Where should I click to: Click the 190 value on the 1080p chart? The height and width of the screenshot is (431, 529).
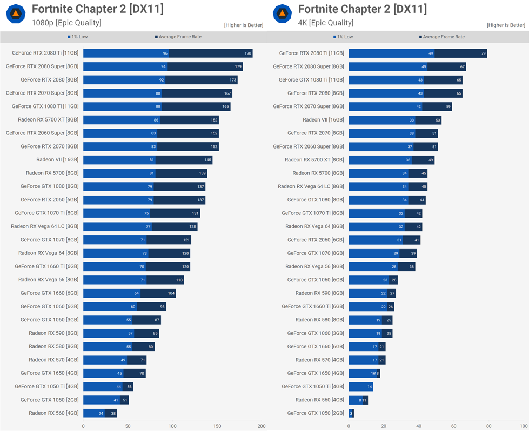coord(247,53)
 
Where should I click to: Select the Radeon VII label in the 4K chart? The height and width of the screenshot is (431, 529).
coord(323,120)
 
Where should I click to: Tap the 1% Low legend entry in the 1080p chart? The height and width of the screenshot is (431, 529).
coord(78,37)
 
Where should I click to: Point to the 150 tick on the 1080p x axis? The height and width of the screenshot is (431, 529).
coord(217,426)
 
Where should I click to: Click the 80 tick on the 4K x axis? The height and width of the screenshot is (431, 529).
coord(488,426)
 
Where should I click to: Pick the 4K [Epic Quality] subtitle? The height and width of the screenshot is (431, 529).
coord(326,23)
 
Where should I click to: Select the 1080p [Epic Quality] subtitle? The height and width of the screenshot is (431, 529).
coord(66,23)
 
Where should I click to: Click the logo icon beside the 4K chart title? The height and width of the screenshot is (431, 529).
coord(282,14)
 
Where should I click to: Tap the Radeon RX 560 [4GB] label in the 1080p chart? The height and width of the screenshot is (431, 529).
coord(53,413)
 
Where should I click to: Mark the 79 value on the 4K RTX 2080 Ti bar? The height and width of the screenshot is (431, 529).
coord(483,53)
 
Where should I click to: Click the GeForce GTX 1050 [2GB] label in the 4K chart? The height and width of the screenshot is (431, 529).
coord(316,413)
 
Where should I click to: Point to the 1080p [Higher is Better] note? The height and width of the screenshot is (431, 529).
coord(244,25)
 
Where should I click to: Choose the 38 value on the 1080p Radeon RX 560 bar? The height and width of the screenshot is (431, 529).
coord(113,414)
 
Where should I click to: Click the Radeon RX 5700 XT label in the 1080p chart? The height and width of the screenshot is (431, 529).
coord(48,120)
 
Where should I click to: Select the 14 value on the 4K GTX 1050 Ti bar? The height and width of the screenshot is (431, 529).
coord(370,387)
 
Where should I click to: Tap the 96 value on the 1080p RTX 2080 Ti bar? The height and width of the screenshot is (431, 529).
coord(165,53)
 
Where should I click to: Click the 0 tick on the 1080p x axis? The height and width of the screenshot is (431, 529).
coord(83,426)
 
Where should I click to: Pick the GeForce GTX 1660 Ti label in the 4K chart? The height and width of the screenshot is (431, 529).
coord(313,306)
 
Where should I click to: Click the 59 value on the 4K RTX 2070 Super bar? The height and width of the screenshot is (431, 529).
coord(448,107)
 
